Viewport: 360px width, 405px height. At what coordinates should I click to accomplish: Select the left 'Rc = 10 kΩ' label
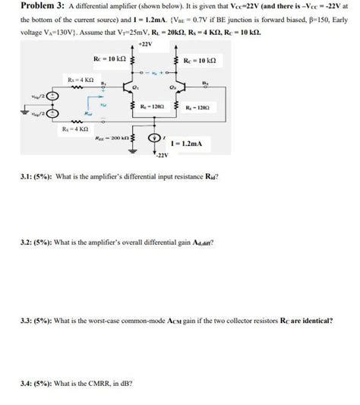pos(104,59)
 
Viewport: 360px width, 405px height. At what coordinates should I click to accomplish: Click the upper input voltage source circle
pos(51,97)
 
